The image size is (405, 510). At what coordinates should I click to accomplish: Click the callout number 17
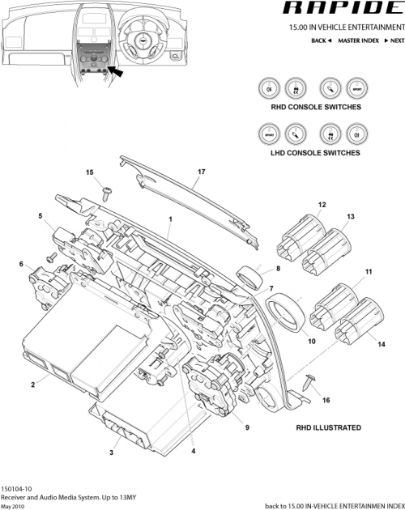[202, 172]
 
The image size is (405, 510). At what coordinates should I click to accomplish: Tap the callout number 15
[90, 172]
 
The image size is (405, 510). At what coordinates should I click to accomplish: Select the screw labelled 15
[107, 190]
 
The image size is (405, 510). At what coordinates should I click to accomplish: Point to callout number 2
[32, 384]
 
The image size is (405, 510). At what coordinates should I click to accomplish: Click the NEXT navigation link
[386, 39]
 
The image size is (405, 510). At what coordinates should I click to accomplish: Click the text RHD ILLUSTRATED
[328, 427]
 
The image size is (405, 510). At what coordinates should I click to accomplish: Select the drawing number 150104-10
[17, 489]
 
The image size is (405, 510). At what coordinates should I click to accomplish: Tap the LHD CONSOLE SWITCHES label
[315, 152]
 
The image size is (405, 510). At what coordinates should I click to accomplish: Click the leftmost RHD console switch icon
[269, 87]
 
